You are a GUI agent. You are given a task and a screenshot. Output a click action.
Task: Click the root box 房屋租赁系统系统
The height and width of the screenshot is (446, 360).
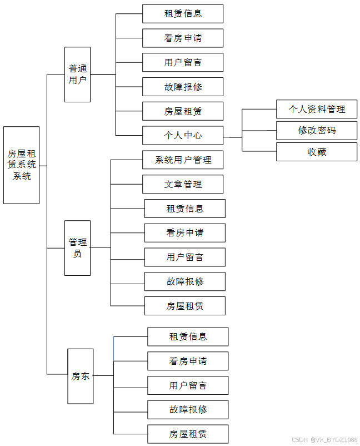click(x=22, y=165)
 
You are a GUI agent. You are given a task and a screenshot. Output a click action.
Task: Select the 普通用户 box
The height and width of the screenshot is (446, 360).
click(x=77, y=75)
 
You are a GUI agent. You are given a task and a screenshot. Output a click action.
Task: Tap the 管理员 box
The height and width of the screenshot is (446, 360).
click(x=77, y=248)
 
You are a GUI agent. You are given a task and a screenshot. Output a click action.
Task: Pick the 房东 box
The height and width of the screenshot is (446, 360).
click(x=81, y=376)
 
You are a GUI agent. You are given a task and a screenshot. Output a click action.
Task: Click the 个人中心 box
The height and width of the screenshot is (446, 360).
click(x=183, y=135)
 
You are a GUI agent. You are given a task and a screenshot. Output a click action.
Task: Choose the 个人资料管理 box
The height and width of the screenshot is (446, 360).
click(x=317, y=110)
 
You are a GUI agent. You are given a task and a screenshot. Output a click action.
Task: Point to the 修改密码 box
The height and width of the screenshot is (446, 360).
click(x=317, y=131)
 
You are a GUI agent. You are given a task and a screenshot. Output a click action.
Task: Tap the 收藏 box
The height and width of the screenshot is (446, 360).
click(x=317, y=152)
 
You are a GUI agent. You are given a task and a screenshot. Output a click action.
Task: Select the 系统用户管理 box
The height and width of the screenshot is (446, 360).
click(x=183, y=160)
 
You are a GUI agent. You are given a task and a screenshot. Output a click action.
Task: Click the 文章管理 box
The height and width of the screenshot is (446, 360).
click(x=183, y=184)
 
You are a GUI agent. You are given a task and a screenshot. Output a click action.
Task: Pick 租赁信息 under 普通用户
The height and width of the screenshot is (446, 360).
click(x=183, y=14)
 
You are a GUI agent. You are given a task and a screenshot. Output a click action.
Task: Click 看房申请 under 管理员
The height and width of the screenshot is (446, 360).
click(x=185, y=233)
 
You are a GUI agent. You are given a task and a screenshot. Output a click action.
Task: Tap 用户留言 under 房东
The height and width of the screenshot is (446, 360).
click(x=188, y=385)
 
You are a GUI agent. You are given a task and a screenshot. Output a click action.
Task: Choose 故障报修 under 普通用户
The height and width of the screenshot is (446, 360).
click(x=183, y=87)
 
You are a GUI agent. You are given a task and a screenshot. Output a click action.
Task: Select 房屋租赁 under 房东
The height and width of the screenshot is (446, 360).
click(x=188, y=434)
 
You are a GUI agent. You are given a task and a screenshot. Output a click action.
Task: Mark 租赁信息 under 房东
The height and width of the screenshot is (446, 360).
click(x=188, y=336)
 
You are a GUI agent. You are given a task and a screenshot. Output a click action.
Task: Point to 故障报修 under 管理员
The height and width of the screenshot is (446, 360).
click(x=185, y=281)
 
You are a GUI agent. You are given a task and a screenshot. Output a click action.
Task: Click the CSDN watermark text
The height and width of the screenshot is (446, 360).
click(x=324, y=440)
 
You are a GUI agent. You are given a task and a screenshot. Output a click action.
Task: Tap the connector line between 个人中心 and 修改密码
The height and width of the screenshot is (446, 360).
click(x=259, y=131)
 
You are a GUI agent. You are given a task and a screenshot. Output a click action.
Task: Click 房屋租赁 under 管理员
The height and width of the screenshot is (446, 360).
click(x=185, y=306)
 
